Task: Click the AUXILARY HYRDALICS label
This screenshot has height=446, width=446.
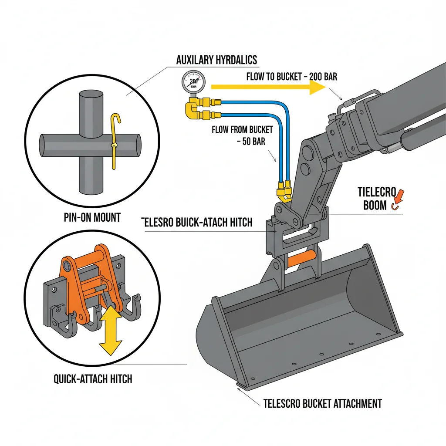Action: pyautogui.click(x=216, y=60)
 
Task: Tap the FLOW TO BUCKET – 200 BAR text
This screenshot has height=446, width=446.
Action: pyautogui.click(x=291, y=77)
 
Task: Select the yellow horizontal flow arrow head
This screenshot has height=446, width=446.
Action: pyautogui.click(x=317, y=88)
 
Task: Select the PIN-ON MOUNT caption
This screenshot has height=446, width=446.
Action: pyautogui.click(x=91, y=217)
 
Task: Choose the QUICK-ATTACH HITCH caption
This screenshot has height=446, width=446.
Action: pyautogui.click(x=93, y=379)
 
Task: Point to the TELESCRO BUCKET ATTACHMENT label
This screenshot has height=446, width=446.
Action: pyautogui.click(x=322, y=403)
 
